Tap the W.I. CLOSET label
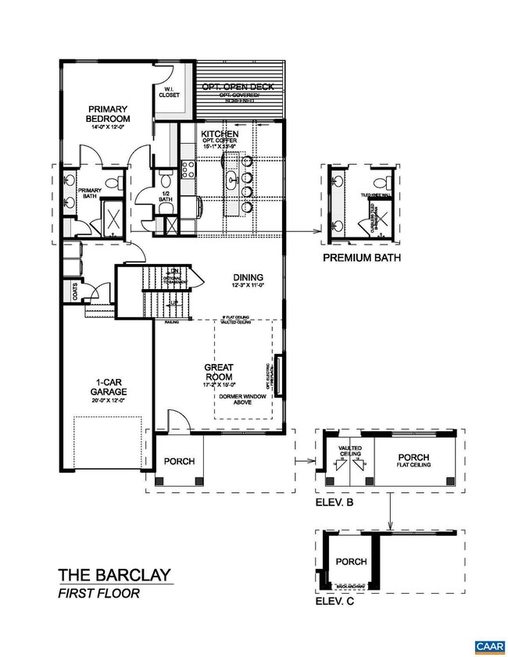170,92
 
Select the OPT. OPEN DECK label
231,86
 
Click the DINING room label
247,277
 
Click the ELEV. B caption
334,503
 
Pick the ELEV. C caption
334,602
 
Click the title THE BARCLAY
114,577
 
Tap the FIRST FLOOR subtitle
98,594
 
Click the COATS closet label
75,292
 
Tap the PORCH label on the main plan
179,462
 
